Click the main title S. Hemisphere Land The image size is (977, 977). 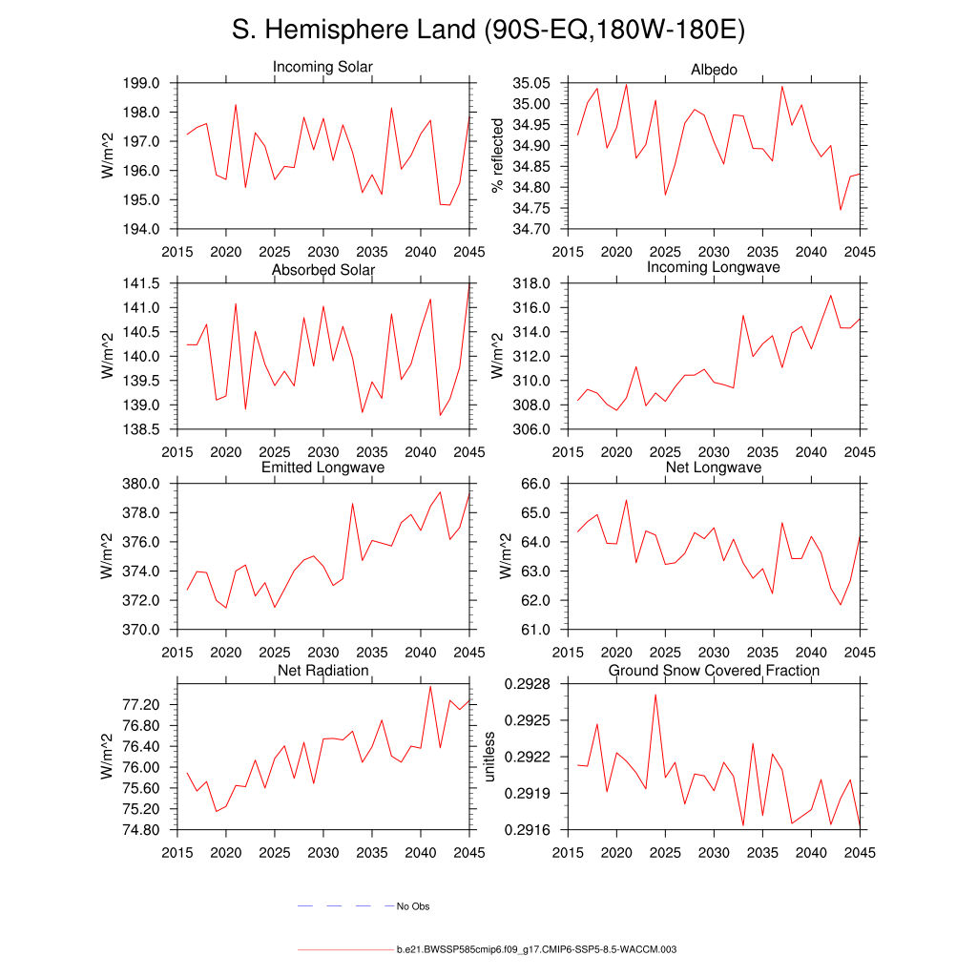click(x=488, y=31)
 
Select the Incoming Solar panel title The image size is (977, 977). click(x=322, y=68)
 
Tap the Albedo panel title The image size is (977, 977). click(x=714, y=71)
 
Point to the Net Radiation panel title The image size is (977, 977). click(x=322, y=671)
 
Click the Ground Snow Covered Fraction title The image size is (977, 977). click(x=714, y=671)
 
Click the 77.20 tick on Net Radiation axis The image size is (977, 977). click(x=145, y=705)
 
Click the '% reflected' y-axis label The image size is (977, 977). click(x=496, y=156)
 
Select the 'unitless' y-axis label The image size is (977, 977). click(x=490, y=757)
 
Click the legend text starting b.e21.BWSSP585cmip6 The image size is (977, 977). click(x=536, y=950)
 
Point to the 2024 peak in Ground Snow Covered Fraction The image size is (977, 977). click(x=655, y=694)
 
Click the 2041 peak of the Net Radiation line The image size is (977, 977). click(x=430, y=686)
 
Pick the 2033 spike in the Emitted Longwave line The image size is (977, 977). click(x=352, y=503)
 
